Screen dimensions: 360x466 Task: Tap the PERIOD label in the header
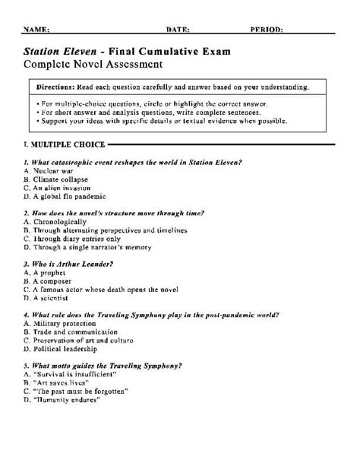[267, 30]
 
